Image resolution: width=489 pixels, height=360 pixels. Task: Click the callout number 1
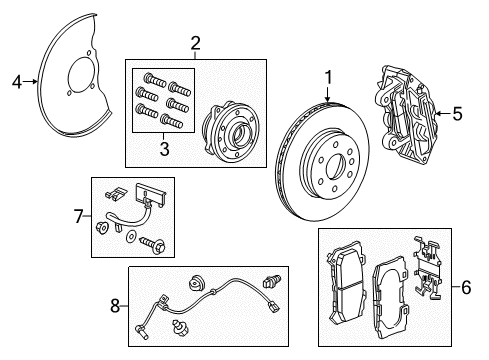327,76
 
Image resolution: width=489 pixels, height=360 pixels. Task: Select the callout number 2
196,43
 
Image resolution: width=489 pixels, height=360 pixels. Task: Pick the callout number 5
457,114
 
